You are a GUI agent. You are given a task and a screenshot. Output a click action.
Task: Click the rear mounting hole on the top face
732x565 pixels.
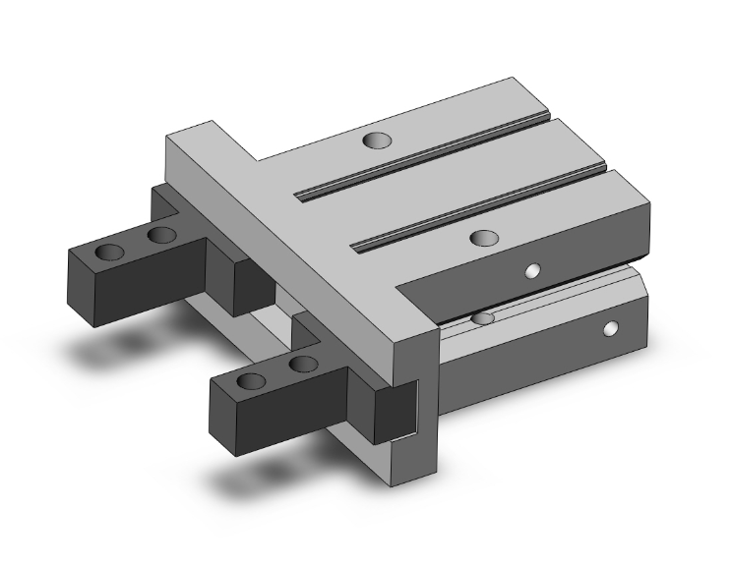375,141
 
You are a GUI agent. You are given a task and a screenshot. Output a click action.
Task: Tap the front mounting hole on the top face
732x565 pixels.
483,238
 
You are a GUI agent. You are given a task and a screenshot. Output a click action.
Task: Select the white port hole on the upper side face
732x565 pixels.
533,270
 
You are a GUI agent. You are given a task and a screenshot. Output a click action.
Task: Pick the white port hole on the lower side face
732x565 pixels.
612,328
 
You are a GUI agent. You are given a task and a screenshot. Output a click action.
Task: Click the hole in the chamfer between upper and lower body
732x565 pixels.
482,318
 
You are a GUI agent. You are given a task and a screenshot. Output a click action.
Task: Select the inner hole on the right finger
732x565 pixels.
305,365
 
